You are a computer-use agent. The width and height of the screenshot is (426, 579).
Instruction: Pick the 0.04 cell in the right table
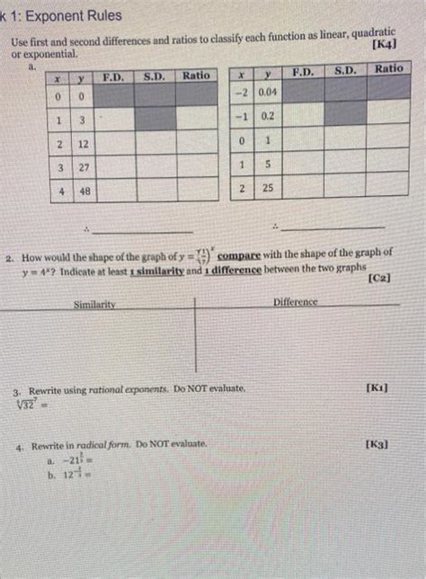click(x=267, y=93)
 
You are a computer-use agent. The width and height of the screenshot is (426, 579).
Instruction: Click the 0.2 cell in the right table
click(x=267, y=116)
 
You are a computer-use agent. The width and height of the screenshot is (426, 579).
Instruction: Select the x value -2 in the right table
click(x=241, y=93)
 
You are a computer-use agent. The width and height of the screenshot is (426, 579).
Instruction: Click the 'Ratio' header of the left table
click(x=196, y=76)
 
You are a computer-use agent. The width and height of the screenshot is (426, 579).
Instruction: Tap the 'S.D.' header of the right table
click(x=346, y=69)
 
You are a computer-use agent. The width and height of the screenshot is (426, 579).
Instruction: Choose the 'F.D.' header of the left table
click(x=113, y=76)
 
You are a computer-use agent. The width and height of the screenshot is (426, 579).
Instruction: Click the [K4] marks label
click(x=384, y=44)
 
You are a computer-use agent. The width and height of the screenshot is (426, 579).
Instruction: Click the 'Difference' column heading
click(x=296, y=302)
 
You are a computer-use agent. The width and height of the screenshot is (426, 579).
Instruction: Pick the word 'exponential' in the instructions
click(x=44, y=55)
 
